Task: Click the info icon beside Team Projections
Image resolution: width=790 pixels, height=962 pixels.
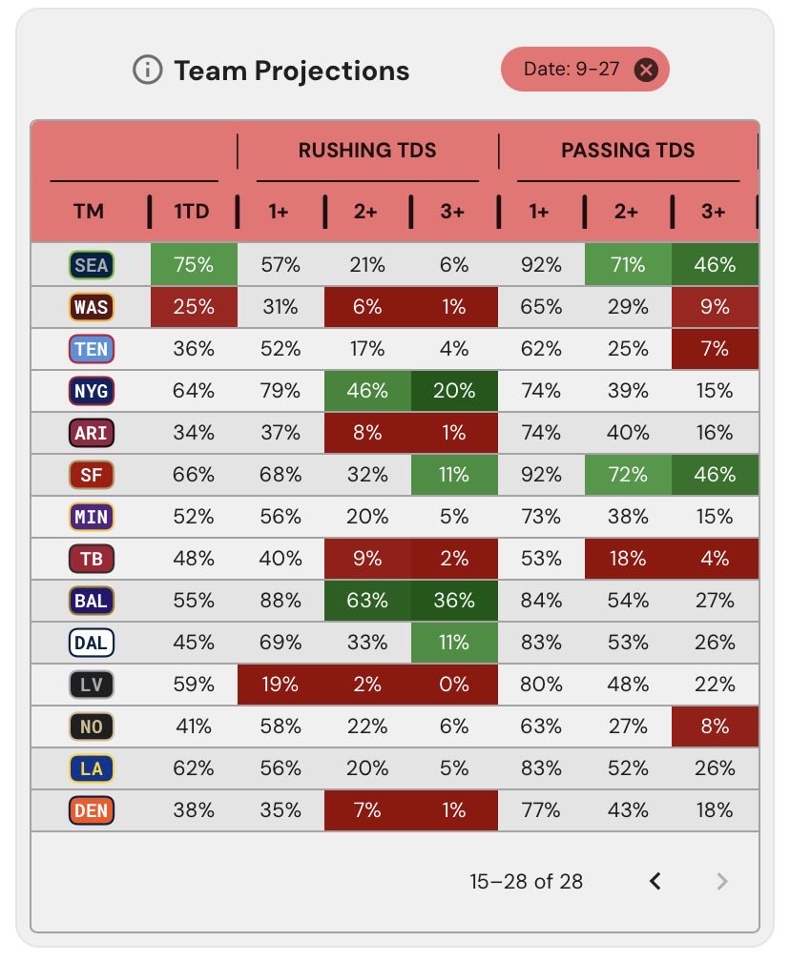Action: tap(147, 70)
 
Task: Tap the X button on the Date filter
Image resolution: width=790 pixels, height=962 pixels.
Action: tap(646, 70)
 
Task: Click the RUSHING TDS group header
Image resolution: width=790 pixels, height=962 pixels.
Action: tap(367, 151)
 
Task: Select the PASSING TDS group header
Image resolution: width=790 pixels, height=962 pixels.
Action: tap(628, 151)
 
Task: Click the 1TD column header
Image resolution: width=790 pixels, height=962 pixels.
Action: tap(192, 212)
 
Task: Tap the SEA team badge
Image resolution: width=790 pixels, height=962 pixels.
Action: tap(92, 265)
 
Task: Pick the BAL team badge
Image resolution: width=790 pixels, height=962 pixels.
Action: tap(92, 601)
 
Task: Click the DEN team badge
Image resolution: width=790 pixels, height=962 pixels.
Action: tap(92, 810)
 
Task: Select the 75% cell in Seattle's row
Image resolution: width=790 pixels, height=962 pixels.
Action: tap(194, 264)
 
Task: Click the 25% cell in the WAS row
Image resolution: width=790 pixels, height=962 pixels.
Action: tap(194, 307)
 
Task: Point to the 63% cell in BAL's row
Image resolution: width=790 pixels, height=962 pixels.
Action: tap(367, 600)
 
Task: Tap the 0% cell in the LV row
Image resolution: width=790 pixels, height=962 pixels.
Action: tap(454, 684)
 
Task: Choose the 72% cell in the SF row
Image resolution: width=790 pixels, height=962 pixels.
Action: tap(628, 474)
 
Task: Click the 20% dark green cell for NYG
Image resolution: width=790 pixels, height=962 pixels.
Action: tap(454, 391)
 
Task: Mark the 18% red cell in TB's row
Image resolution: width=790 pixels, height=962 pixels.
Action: tap(628, 559)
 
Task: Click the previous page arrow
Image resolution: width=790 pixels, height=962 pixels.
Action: tap(655, 882)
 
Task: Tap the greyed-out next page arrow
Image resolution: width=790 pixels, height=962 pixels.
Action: tap(722, 882)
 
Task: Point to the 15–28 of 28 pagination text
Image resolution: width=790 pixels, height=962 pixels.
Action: tap(526, 882)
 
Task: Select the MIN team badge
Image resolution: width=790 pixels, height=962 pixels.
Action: tap(92, 517)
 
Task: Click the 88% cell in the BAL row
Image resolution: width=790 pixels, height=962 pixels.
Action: tap(281, 600)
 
